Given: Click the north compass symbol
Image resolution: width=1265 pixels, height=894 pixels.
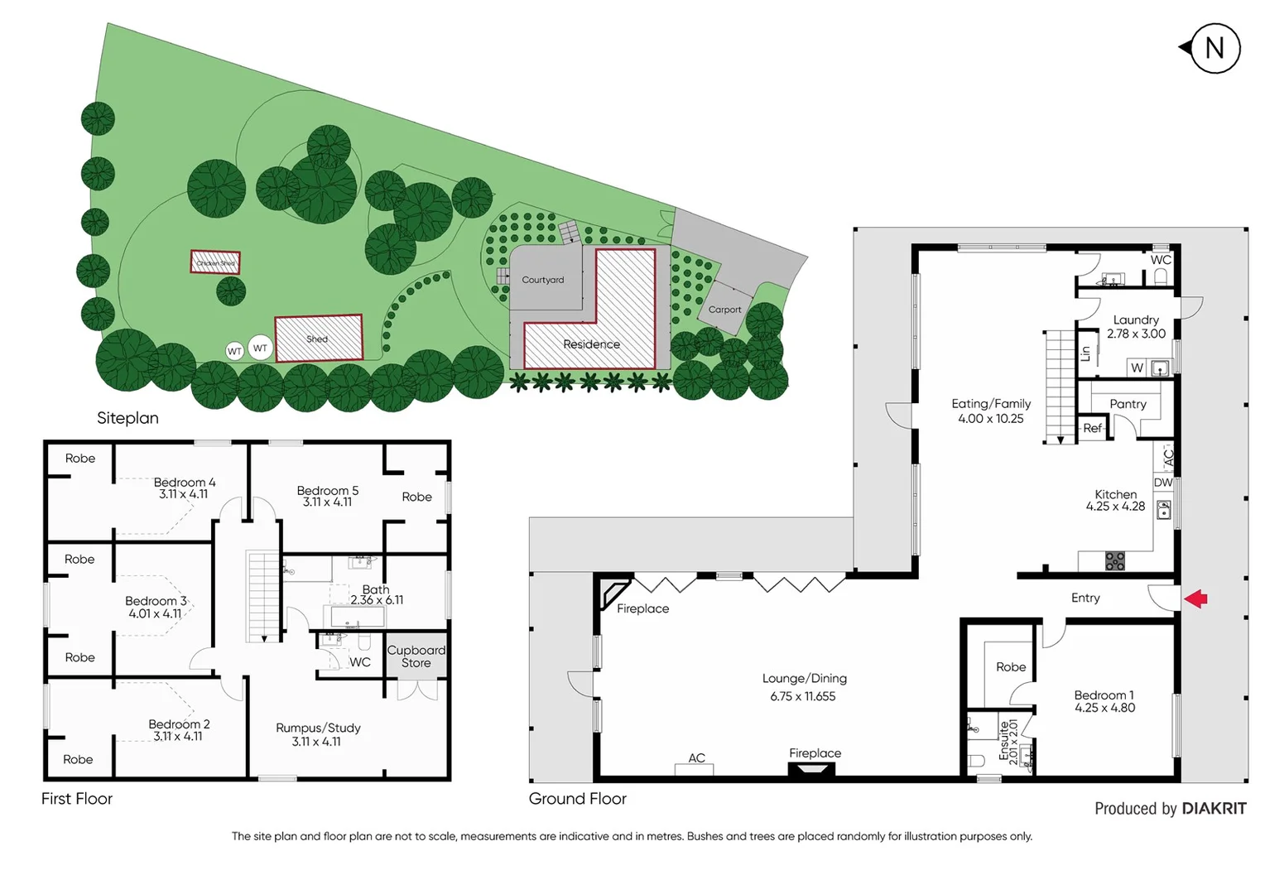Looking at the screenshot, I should (x=1213, y=48).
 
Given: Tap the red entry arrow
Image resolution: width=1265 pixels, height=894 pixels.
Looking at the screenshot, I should (x=1195, y=598).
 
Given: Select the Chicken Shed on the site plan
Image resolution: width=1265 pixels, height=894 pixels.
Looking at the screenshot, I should (x=215, y=262).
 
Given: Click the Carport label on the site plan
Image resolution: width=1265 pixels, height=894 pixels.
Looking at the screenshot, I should (x=724, y=310).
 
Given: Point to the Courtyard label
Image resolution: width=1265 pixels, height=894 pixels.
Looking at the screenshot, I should (x=542, y=280).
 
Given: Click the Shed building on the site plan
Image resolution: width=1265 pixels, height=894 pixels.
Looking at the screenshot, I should (x=319, y=338).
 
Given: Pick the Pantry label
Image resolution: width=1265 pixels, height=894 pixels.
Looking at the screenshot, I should (x=1128, y=404).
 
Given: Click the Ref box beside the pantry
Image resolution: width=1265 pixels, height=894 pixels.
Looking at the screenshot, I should (x=1092, y=428).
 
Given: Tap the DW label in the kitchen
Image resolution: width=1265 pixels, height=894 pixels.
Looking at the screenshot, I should (x=1162, y=483).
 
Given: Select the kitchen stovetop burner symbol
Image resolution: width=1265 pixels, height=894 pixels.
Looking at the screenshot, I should (x=1115, y=561).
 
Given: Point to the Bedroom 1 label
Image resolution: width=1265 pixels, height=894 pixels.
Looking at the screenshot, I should (x=1104, y=695).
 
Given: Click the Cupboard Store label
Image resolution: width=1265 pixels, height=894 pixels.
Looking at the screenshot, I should (x=416, y=656).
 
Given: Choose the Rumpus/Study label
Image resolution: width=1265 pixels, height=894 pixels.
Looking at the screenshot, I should (x=318, y=728).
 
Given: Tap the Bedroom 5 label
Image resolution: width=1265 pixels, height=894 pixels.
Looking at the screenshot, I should (x=327, y=491).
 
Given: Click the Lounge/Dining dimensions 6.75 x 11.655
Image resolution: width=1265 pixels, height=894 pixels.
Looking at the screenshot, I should (x=802, y=696).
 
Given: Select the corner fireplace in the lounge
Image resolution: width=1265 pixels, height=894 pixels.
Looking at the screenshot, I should (x=614, y=593).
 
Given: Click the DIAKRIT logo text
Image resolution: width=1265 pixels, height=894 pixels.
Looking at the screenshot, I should (x=1214, y=809).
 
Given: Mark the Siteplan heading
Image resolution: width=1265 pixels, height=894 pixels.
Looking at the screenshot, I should (x=127, y=418).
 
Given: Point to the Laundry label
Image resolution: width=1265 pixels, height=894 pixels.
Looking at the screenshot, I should (x=1135, y=320).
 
